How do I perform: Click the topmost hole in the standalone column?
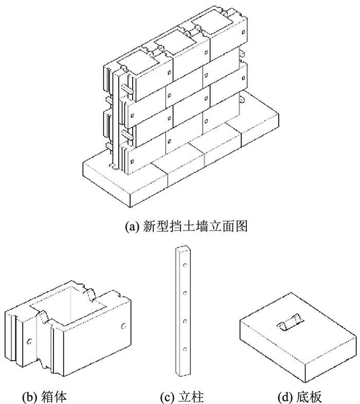point(184,268)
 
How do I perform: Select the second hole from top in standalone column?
point(184,294)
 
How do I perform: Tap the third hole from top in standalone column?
point(184,322)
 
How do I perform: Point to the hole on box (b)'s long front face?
point(122,325)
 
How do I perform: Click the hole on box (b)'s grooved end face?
point(29,340)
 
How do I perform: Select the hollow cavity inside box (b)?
point(69,314)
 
